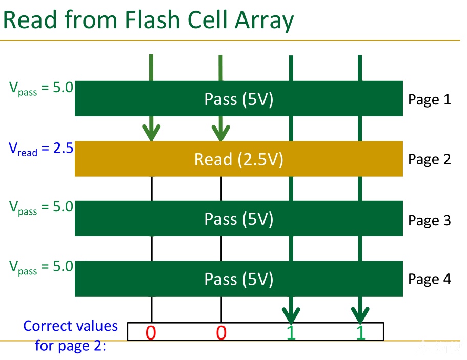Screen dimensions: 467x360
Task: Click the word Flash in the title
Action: [x=152, y=19]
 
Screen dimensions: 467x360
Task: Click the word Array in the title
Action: [x=264, y=22]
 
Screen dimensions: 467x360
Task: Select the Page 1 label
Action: [x=429, y=100]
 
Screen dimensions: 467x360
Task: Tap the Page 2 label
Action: [x=429, y=159]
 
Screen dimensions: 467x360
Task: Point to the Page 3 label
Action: [x=429, y=221]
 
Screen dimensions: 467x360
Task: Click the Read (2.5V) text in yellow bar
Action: [x=238, y=159]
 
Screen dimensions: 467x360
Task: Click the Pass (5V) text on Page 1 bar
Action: [x=238, y=99]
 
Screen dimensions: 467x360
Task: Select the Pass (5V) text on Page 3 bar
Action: [x=238, y=219]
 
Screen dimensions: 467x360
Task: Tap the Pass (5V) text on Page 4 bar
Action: [x=238, y=279]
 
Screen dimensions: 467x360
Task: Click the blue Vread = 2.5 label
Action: [x=41, y=149]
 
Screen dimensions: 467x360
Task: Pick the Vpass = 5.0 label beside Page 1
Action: [x=41, y=89]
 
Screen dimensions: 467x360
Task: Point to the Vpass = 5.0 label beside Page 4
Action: [x=41, y=267]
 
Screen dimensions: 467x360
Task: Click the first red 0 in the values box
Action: [x=151, y=333]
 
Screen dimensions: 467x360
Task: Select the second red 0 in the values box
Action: [x=221, y=333]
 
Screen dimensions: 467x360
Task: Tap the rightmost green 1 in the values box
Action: [x=361, y=333]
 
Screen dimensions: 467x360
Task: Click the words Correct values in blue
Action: [x=71, y=326]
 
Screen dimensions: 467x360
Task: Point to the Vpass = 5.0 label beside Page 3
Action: [x=41, y=207]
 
